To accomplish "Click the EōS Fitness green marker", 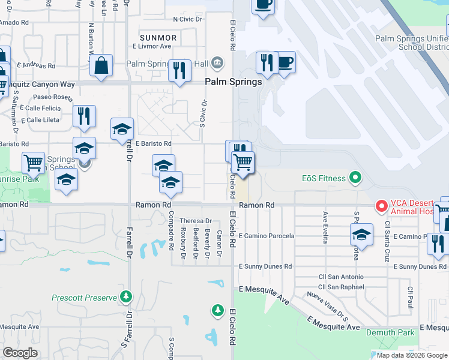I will click(355, 178).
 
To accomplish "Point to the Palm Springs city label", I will click(234, 82).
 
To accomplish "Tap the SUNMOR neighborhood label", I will click(158, 37).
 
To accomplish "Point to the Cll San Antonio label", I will click(340, 277).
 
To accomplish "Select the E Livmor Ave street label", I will click(152, 46).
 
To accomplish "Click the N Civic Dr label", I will click(188, 19).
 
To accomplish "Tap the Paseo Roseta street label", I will click(52, 97).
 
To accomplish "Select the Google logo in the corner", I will click(20, 353).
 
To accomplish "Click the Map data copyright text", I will click(412, 355).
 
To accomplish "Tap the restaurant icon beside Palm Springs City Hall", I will click(179, 71).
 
